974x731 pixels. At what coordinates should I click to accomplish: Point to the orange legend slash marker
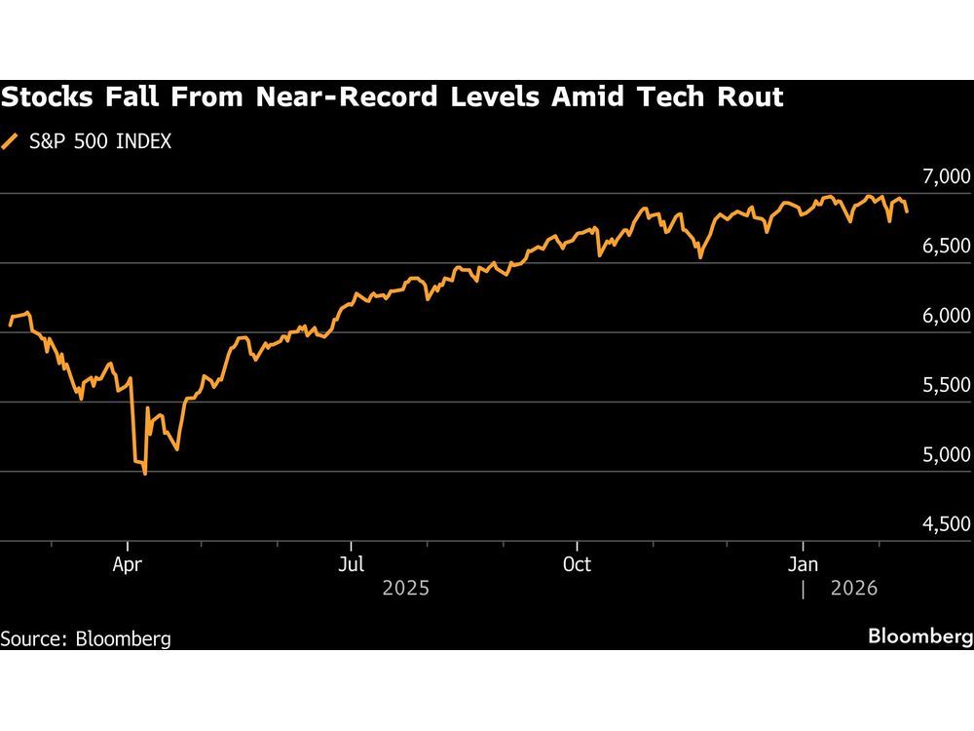point(11,141)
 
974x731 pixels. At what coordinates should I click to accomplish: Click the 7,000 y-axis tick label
point(945,176)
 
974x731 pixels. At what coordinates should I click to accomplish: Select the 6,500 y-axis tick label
point(945,247)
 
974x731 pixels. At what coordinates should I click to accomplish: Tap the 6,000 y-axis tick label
point(945,316)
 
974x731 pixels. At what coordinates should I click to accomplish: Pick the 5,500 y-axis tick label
point(945,385)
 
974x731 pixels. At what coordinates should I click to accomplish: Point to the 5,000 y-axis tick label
point(945,455)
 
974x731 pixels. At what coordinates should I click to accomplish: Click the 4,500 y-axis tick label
point(945,524)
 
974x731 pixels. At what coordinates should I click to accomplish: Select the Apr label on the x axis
point(126,564)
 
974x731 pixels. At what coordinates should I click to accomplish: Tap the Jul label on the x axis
point(351,564)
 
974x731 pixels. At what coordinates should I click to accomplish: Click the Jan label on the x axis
point(803,564)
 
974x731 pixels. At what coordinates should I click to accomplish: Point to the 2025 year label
point(406,589)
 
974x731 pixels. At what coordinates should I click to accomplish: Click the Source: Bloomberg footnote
point(86,639)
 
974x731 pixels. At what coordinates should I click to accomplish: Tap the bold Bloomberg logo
point(919,637)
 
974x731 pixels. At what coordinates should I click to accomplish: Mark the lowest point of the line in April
point(145,474)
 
